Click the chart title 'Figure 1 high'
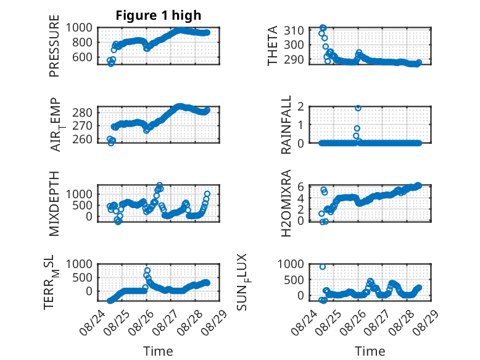[x=159, y=15]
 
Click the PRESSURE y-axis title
[x=54, y=46]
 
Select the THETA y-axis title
[x=272, y=46]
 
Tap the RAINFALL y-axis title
[x=286, y=125]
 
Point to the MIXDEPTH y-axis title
[x=54, y=203]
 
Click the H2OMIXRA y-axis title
[x=286, y=203]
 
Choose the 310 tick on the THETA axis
[x=294, y=30]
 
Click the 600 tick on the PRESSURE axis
[x=82, y=57]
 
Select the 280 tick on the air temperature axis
[x=82, y=112]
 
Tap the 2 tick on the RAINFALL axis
[x=300, y=107]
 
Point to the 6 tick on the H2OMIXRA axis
[x=300, y=186]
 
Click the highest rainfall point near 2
[x=358, y=108]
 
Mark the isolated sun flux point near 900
[x=322, y=267]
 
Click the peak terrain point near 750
[x=147, y=270]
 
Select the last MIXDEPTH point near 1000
[x=207, y=194]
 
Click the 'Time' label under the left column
[x=158, y=351]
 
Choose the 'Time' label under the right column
[x=370, y=351]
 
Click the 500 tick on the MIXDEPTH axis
[x=82, y=205]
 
